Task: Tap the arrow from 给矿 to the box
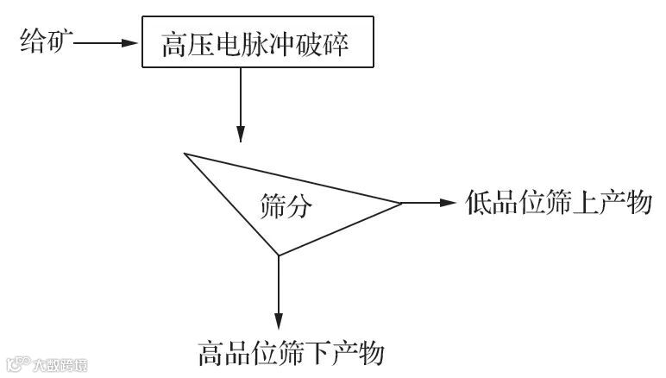point(107,41)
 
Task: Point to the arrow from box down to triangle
point(242,104)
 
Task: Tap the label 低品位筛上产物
point(557,204)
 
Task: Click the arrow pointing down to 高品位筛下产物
point(278,293)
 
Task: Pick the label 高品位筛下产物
point(291,353)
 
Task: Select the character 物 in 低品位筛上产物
point(635,204)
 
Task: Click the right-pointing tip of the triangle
point(400,204)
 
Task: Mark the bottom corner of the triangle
point(278,255)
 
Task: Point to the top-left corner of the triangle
point(185,154)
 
